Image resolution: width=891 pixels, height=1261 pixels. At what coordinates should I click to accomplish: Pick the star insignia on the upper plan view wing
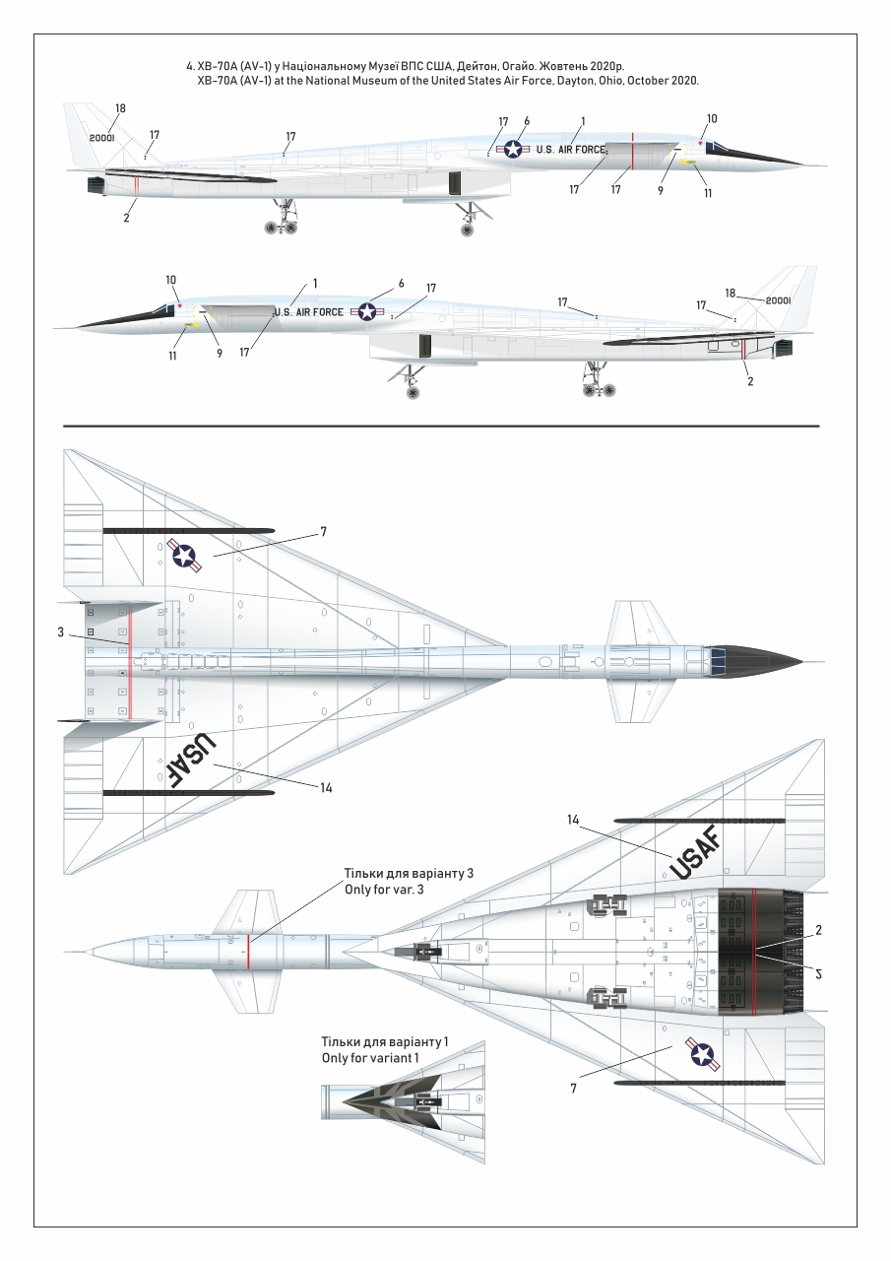tap(184, 555)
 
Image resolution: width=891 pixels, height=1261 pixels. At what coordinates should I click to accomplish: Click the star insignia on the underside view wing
tap(702, 1054)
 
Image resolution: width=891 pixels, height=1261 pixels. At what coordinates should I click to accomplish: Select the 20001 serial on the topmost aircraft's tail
tap(102, 139)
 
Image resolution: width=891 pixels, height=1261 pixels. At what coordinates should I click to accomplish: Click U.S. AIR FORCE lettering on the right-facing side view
tap(571, 150)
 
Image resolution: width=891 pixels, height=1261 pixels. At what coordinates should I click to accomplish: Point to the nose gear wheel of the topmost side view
tap(467, 230)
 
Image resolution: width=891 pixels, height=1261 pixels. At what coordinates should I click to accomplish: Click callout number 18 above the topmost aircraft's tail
tap(120, 108)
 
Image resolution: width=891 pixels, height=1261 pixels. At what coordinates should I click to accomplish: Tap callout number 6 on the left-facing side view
tap(402, 284)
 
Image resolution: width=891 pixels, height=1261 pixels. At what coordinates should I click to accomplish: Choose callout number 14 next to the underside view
tap(573, 820)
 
